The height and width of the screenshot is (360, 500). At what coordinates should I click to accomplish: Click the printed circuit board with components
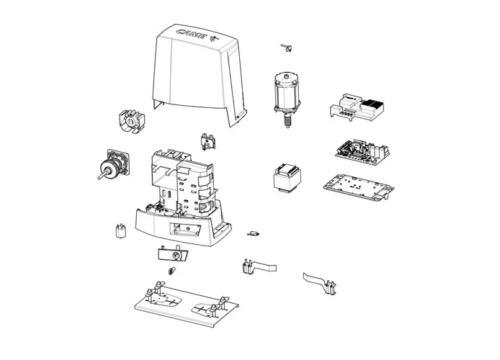361,149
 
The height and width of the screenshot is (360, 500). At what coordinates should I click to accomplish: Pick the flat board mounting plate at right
358,186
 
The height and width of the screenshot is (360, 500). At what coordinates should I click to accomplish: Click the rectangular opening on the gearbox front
185,230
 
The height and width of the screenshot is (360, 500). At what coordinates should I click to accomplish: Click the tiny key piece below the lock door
171,271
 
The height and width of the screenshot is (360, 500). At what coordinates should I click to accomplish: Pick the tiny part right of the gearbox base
252,233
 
